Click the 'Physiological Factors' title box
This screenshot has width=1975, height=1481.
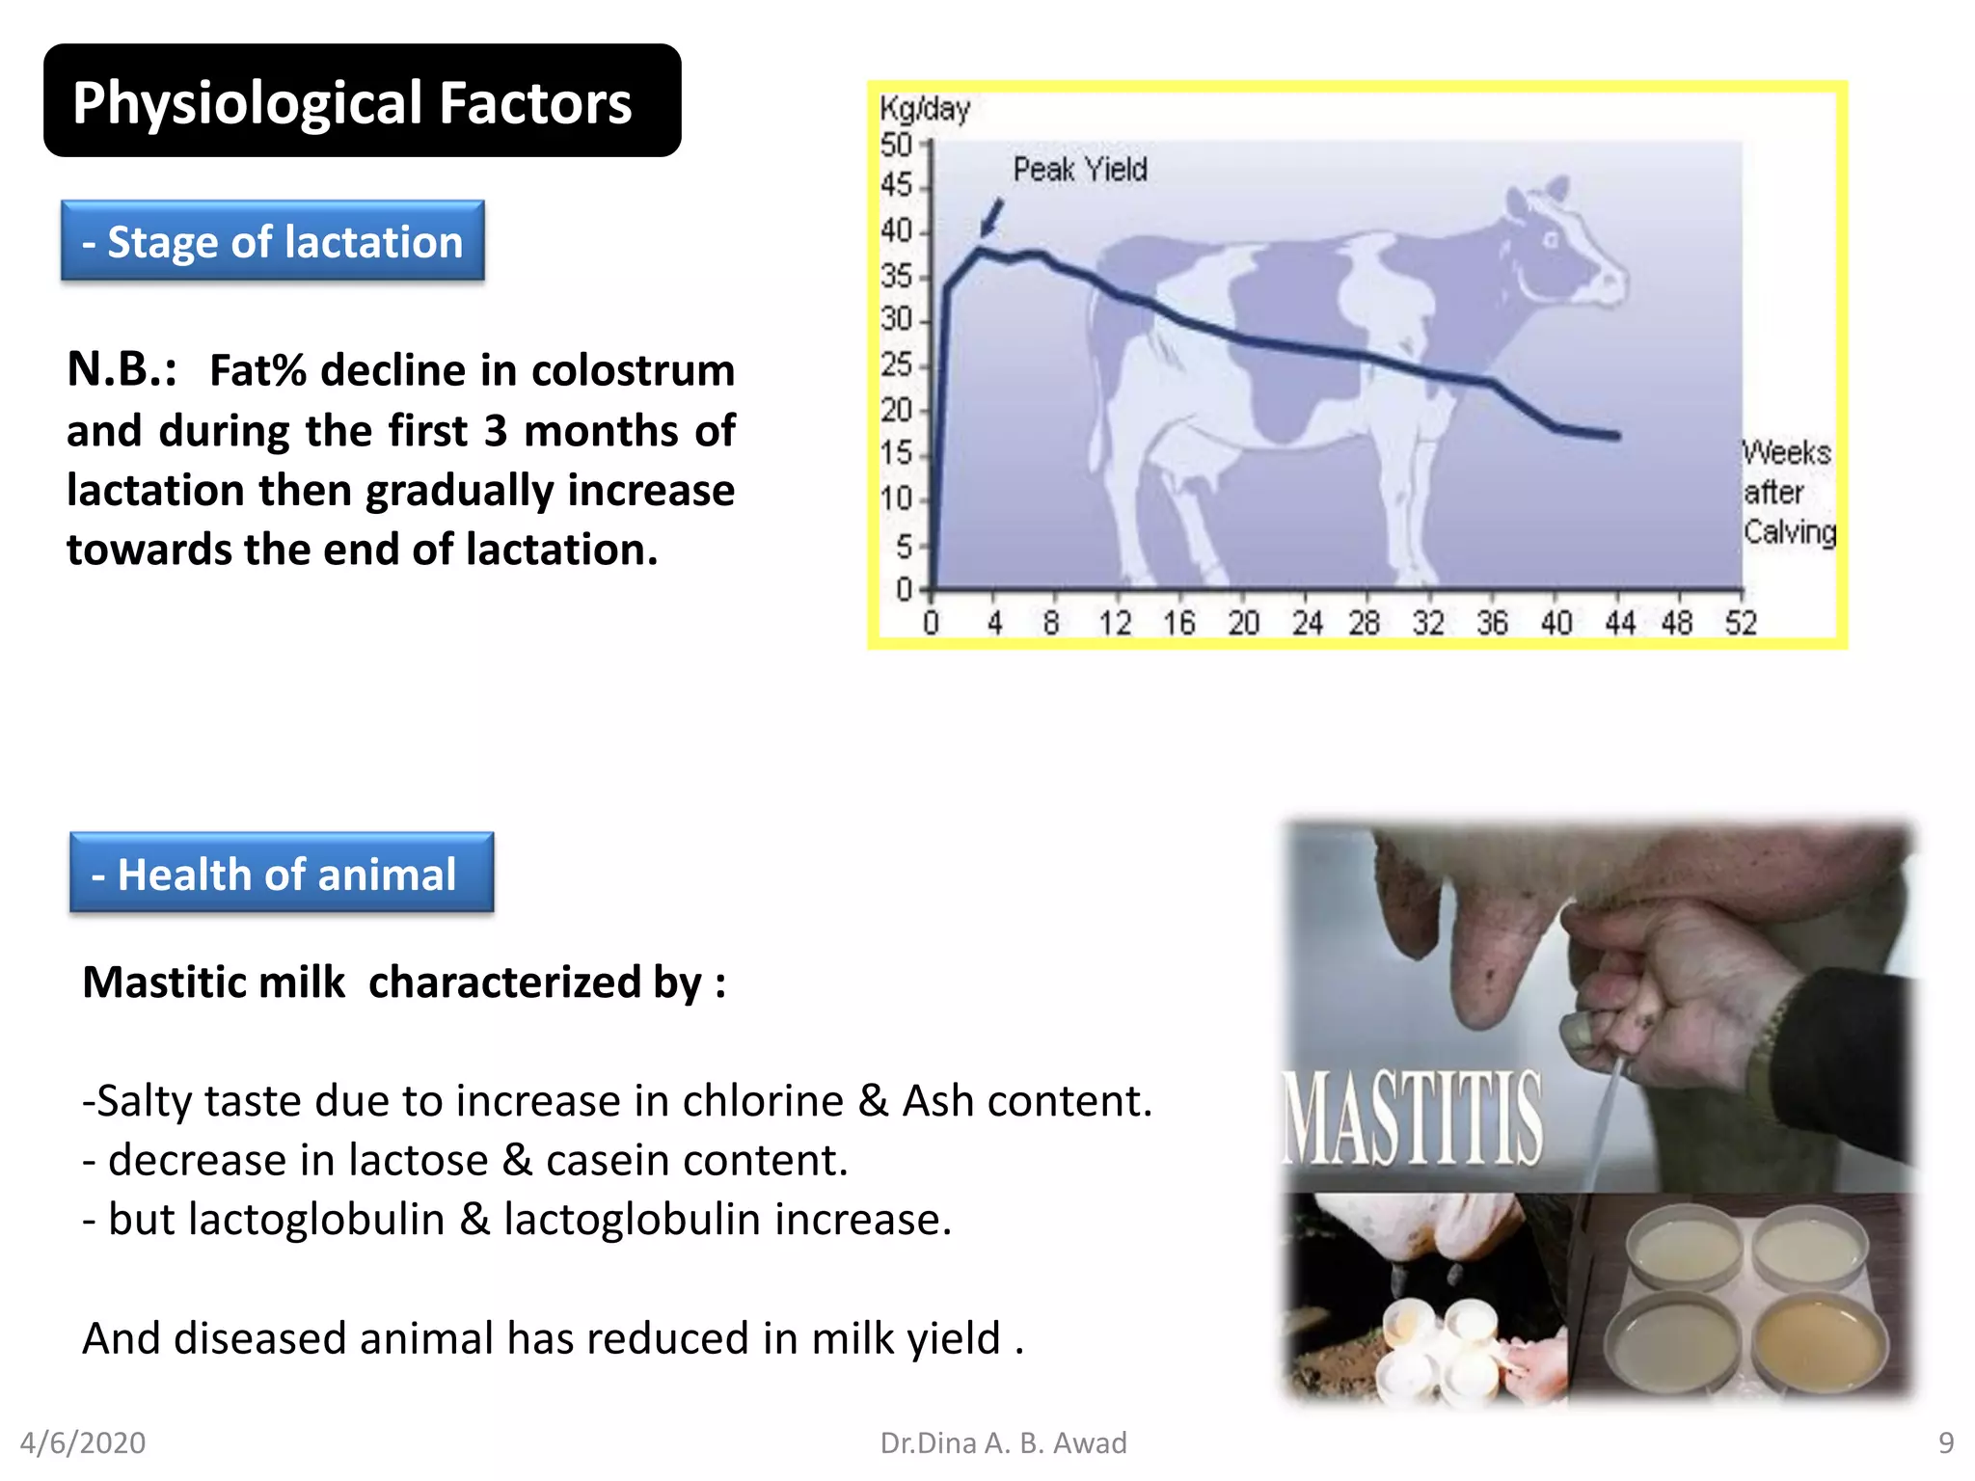coord(362,101)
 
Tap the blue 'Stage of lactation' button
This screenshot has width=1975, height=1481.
coord(273,241)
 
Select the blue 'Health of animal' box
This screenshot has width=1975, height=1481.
coord(282,874)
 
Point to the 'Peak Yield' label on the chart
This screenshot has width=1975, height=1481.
coord(1079,170)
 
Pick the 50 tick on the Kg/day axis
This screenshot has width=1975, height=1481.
coord(897,146)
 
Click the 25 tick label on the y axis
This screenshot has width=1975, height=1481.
coord(897,364)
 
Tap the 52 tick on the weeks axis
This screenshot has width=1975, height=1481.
coord(1741,623)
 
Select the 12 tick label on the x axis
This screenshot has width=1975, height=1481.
coord(1115,623)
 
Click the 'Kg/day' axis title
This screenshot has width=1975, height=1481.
coord(924,108)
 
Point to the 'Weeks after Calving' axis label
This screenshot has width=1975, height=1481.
coord(1788,492)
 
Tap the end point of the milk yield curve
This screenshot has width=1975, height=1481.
coord(1616,436)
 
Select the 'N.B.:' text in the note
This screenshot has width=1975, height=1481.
coord(122,369)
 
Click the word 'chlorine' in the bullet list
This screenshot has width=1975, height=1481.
coord(763,1101)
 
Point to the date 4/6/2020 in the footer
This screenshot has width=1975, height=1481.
coord(83,1442)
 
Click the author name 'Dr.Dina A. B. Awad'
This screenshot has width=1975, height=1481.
coord(1003,1442)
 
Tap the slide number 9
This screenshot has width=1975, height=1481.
coord(1946,1442)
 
